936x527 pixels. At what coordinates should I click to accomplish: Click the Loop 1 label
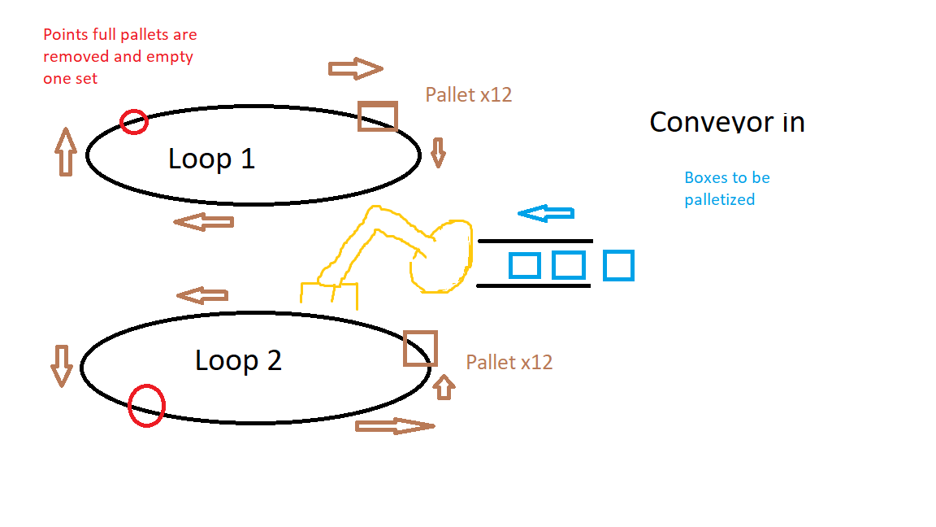click(x=211, y=158)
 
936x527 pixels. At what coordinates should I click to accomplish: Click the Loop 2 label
click(x=238, y=359)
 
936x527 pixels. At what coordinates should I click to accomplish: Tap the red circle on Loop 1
click(x=134, y=122)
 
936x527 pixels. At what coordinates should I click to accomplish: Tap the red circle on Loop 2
click(x=146, y=404)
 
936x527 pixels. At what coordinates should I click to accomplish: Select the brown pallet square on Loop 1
click(x=378, y=115)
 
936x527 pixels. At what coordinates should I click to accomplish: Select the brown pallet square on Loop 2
click(x=420, y=348)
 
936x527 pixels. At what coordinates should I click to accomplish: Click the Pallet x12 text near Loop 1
click(x=468, y=94)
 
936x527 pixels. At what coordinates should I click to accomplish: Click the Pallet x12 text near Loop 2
click(x=509, y=362)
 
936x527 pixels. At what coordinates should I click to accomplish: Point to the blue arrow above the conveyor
click(x=546, y=213)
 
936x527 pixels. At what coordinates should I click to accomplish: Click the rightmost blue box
click(x=618, y=266)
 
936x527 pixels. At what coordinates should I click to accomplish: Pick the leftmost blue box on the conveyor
click(x=525, y=265)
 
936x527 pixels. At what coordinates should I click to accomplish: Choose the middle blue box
click(x=568, y=265)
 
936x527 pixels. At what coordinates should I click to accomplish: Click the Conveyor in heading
click(x=726, y=122)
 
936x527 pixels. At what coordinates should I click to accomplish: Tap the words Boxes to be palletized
click(x=726, y=188)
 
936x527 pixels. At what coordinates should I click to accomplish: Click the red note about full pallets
click(x=119, y=56)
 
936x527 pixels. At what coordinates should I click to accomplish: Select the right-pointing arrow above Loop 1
click(x=355, y=69)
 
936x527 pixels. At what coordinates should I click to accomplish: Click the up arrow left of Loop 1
click(x=66, y=152)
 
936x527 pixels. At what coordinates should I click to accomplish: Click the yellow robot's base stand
click(x=329, y=293)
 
